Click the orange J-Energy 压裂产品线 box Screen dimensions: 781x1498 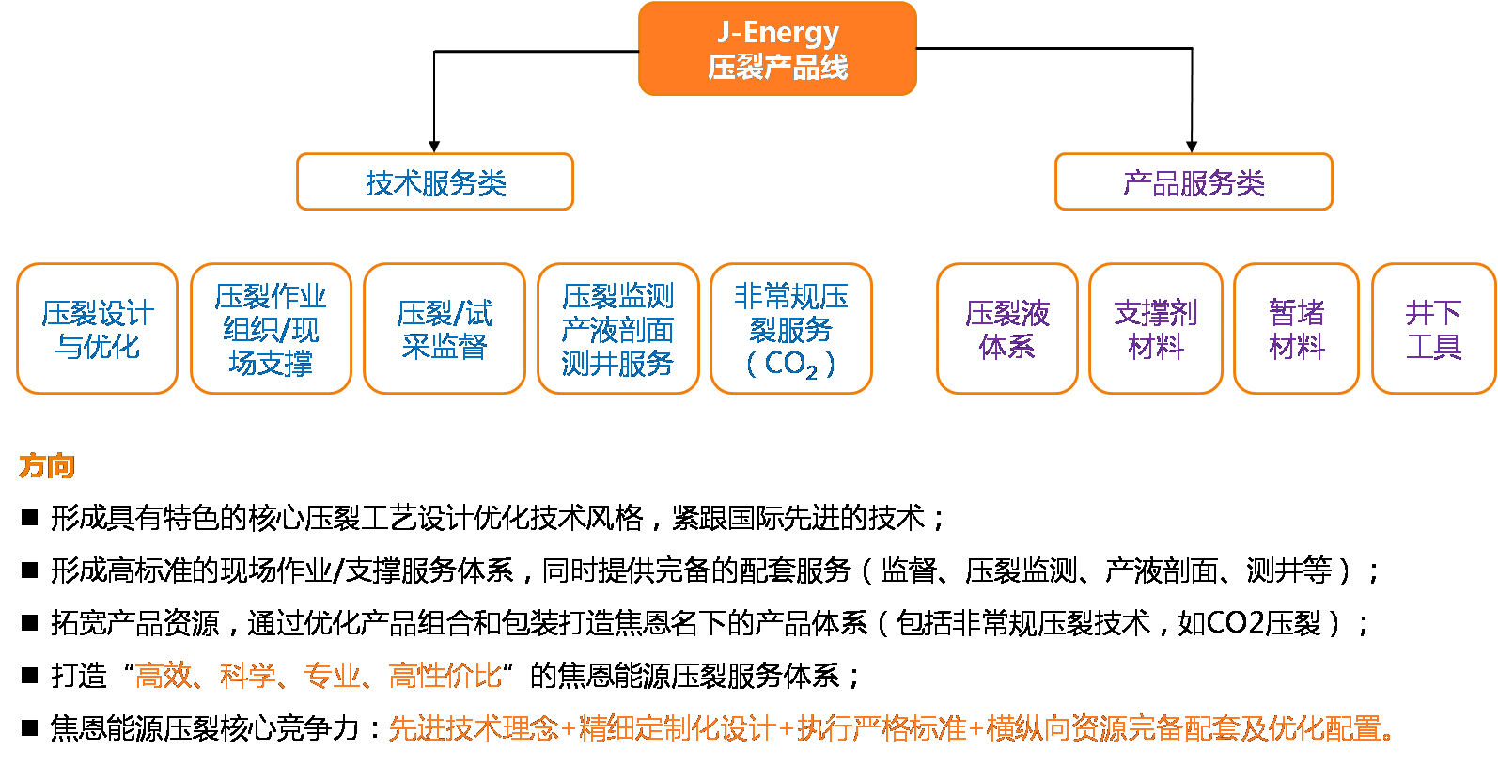[x=777, y=49]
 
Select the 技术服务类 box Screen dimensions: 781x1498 [x=435, y=182]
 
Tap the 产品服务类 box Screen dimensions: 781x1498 [x=1194, y=182]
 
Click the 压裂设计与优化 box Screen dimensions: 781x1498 [x=98, y=329]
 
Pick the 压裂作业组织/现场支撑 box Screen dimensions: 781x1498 [x=271, y=329]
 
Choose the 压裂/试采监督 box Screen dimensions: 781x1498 [x=444, y=329]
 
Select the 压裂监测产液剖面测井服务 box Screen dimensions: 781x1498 [x=617, y=329]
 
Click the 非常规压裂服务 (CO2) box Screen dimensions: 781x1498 [x=791, y=329]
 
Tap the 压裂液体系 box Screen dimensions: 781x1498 [x=1006, y=329]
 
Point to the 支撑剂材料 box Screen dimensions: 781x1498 [x=1155, y=329]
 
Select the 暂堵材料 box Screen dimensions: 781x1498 [x=1296, y=329]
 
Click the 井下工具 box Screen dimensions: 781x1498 [x=1433, y=329]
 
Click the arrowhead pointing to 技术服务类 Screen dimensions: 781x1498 [x=434, y=146]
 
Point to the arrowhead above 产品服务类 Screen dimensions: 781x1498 [x=1192, y=146]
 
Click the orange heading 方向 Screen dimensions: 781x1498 [x=47, y=466]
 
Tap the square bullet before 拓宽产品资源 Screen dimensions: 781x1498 [x=30, y=622]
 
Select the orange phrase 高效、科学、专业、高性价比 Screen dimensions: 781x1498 [x=319, y=675]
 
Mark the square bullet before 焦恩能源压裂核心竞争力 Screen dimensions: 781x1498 [x=30, y=727]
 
